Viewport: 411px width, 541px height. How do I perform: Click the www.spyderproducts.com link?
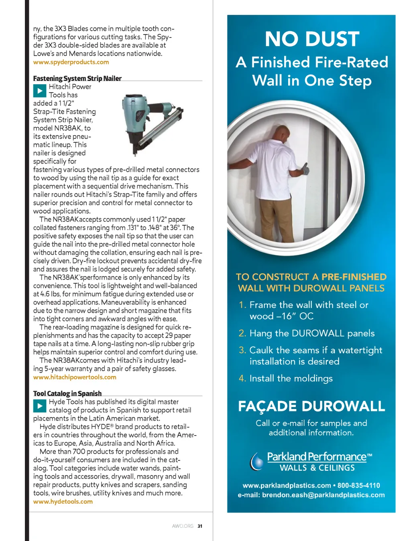[x=71, y=62]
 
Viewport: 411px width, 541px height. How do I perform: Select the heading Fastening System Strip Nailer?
[x=77, y=79]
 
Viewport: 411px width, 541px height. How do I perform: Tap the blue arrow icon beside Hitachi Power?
[x=39, y=91]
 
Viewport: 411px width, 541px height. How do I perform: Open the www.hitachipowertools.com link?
[x=75, y=377]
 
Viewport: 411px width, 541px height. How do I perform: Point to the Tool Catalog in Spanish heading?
[x=67, y=393]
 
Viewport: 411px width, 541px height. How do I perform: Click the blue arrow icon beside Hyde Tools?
[x=39, y=406]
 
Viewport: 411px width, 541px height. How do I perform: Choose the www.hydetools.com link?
[x=63, y=502]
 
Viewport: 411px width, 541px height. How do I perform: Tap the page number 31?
[x=200, y=526]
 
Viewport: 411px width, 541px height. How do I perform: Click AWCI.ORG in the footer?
[x=183, y=526]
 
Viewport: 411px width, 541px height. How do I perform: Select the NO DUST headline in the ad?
[x=312, y=39]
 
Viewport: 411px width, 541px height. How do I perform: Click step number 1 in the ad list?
[x=242, y=305]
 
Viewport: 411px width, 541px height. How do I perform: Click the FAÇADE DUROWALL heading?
[x=311, y=406]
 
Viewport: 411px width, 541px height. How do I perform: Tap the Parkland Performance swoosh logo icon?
[x=256, y=462]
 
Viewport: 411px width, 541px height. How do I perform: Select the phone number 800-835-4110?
[x=358, y=486]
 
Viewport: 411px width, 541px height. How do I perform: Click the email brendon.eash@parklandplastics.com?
[x=323, y=495]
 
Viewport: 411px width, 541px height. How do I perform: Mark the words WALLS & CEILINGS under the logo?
[x=317, y=468]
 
